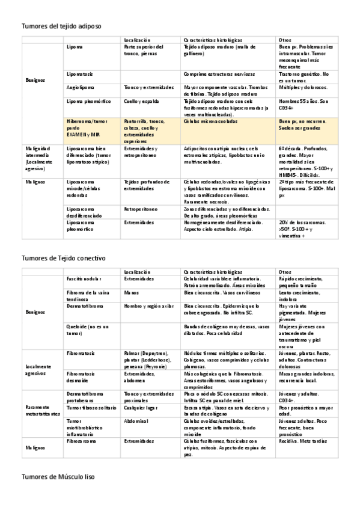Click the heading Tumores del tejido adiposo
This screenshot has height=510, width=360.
coord(61,26)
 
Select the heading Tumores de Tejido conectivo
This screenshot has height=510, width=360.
coord(63,258)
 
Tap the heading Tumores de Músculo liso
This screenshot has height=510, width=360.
coord(58,476)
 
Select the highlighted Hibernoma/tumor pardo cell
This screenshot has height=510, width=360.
coord(84,128)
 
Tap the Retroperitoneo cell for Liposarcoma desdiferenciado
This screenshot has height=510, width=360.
coord(141,209)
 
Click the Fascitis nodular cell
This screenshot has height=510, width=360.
coord(84,279)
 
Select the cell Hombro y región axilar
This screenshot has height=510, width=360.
coord(147,306)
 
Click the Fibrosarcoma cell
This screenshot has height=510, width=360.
coord(82,441)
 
